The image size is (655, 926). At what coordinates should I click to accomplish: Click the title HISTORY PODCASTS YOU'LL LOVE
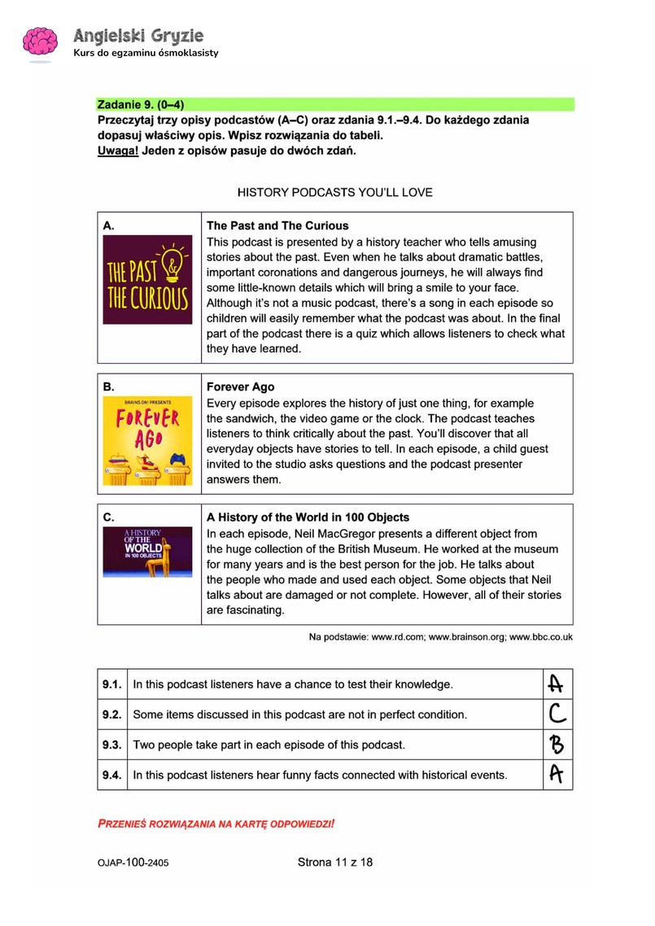pos(334,193)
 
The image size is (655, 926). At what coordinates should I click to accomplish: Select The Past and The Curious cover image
pos(148,279)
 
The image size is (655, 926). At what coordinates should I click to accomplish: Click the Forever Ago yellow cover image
pos(148,441)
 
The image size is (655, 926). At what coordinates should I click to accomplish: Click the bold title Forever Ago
pos(241,387)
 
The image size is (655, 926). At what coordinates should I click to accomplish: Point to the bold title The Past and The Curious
pos(277,226)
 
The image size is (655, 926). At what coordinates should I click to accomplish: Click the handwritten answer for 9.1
pos(557,684)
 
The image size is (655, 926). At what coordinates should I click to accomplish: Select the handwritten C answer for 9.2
pos(557,714)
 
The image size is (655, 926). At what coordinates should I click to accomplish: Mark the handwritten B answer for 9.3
pos(557,745)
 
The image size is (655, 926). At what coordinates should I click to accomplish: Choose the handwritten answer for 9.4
pos(557,775)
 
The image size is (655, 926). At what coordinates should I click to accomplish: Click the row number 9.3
pos(111,745)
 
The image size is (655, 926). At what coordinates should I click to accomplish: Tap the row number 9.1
pos(111,684)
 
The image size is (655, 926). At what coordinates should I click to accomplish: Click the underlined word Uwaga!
pos(117,151)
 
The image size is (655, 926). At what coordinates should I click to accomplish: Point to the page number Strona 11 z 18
pos(334,862)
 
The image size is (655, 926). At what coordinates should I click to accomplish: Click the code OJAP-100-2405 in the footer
pos(135,863)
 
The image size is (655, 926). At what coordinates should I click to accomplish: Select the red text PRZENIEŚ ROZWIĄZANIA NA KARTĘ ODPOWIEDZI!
pos(216,823)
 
